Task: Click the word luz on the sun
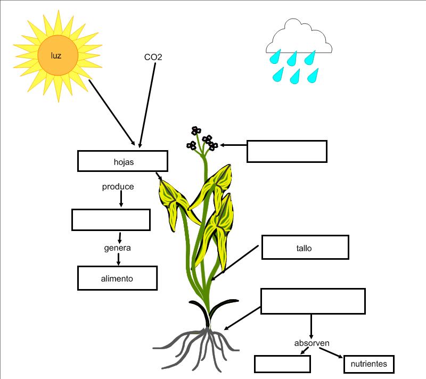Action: tap(56, 55)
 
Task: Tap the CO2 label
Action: tap(153, 57)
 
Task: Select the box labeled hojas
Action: tap(123, 161)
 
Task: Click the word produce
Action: tap(118, 187)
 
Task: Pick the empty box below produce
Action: tap(111, 220)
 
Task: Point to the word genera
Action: tap(117, 248)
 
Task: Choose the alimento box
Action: tap(117, 278)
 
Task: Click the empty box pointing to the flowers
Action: tap(286, 151)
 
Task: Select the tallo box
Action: tap(305, 248)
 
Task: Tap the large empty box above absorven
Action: tap(313, 301)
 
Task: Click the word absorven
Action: tap(312, 343)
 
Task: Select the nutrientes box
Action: tap(370, 365)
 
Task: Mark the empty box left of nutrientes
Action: tap(282, 364)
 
